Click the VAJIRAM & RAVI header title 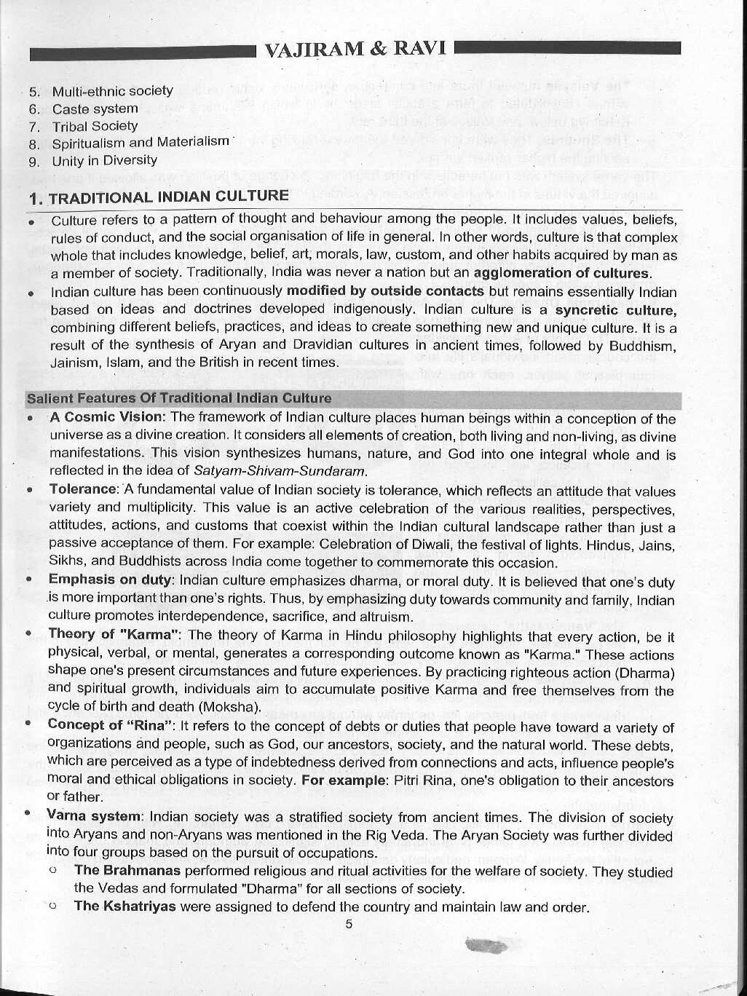(x=355, y=50)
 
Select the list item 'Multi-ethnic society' (x=112, y=91)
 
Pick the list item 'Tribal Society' (x=95, y=126)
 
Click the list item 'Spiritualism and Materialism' (x=141, y=143)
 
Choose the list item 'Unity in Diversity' (x=104, y=160)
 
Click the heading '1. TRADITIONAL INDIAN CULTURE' (x=158, y=197)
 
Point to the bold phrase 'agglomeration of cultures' (x=561, y=273)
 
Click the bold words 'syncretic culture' (x=615, y=309)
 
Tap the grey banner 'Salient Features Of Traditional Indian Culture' (x=179, y=398)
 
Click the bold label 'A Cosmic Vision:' (x=108, y=417)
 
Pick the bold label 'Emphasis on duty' (x=111, y=580)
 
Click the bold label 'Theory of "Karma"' (x=114, y=634)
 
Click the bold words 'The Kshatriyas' (x=125, y=906)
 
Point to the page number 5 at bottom (x=349, y=925)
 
